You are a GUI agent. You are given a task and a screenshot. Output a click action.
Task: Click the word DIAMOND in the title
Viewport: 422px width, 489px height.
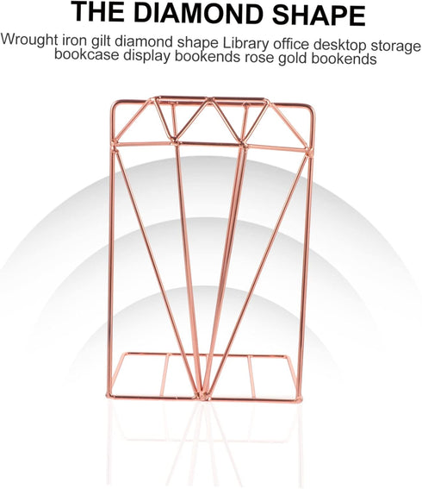(x=198, y=13)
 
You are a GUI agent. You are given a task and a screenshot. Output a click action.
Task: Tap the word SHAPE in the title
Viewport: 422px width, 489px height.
(x=319, y=15)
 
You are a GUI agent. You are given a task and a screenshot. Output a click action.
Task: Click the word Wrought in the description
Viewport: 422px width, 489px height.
(x=29, y=40)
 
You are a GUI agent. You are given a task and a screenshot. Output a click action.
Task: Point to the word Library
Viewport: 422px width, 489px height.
(x=245, y=43)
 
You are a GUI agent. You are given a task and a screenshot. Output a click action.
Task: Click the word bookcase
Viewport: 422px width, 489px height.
(x=87, y=54)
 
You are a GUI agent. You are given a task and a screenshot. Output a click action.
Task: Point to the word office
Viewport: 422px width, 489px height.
(x=291, y=44)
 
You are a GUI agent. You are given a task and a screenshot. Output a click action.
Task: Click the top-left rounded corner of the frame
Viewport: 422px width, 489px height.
(x=114, y=103)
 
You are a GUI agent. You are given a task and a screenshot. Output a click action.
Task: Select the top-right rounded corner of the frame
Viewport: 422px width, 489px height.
(x=311, y=108)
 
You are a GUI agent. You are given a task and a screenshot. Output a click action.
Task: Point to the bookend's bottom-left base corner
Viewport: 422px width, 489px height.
(x=109, y=396)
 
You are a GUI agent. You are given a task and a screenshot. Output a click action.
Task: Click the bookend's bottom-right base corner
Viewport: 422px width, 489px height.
(x=300, y=400)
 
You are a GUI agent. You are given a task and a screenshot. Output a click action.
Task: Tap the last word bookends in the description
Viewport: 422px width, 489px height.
(x=344, y=59)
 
